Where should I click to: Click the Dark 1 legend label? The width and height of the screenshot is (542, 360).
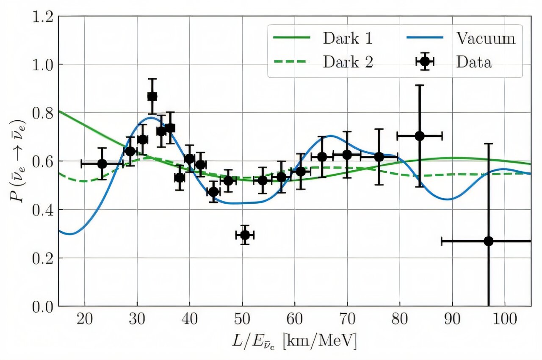pyautogui.click(x=348, y=39)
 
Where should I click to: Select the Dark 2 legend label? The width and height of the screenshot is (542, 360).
pyautogui.click(x=348, y=62)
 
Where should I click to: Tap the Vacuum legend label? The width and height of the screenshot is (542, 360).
pyautogui.click(x=486, y=39)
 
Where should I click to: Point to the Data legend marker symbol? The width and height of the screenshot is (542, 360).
pyautogui.click(x=425, y=62)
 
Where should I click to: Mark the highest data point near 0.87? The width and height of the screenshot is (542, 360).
pyautogui.click(x=152, y=97)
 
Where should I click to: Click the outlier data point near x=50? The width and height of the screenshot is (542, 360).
pyautogui.click(x=245, y=235)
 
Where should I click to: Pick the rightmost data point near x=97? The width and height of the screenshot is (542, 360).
pyautogui.click(x=488, y=241)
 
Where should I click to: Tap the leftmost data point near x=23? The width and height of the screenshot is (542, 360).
pyautogui.click(x=102, y=164)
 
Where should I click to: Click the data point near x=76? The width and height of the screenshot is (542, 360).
pyautogui.click(x=379, y=157)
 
